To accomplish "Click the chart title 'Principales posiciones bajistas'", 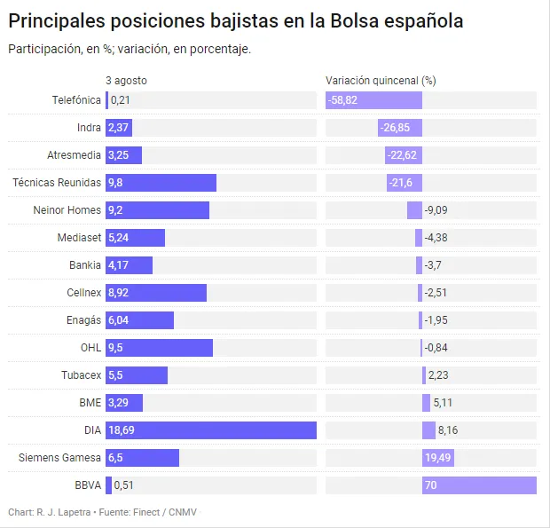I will coord(235,20).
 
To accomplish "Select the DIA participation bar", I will coord(211,430).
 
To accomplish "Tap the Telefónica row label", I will coord(76,100).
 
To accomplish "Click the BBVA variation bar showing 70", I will coord(479,485).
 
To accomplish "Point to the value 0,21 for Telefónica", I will coord(121,100).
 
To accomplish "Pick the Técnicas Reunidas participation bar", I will coord(161,183).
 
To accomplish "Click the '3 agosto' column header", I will coord(126,80).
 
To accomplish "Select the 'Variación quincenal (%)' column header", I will coord(381,80).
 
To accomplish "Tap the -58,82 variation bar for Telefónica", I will coord(373,100).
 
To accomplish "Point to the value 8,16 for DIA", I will coord(448,430).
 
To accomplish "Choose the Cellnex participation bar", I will coord(156,293).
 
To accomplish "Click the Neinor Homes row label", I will coord(67,210).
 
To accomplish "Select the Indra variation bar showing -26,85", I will coord(400,128).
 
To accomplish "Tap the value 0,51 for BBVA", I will coord(123,485).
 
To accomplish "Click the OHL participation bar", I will coord(159,348).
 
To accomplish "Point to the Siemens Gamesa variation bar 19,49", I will coord(438,458).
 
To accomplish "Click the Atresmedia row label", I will coord(74,155).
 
